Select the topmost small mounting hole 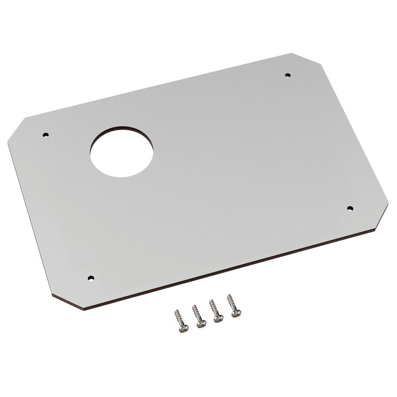coord(288,75)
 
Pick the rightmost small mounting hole coord(350,208)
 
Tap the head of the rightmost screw coord(235,314)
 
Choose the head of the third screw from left coord(218,319)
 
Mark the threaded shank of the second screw coord(197,314)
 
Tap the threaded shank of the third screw coord(213,309)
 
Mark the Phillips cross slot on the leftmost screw coord(183,328)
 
